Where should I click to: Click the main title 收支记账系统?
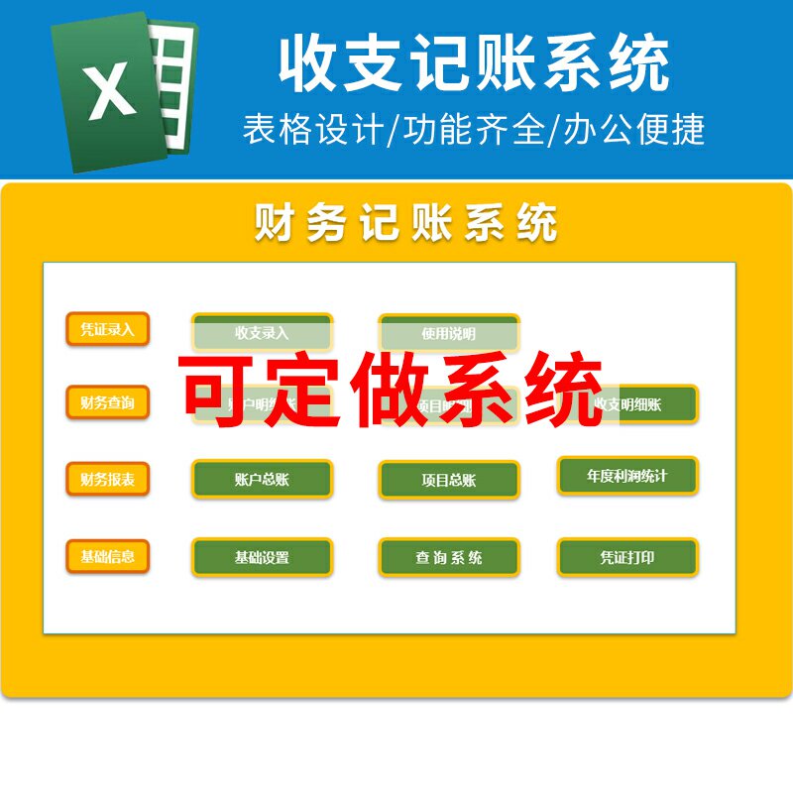click(x=474, y=61)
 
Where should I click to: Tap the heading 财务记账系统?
click(x=406, y=223)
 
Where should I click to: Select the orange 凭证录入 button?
click(x=107, y=329)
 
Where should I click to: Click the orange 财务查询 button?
click(x=107, y=402)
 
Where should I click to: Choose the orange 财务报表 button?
click(x=107, y=480)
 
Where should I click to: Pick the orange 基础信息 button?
click(x=107, y=556)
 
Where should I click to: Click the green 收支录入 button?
click(x=262, y=333)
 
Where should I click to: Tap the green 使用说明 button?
click(x=448, y=333)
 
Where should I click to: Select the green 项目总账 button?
click(x=448, y=481)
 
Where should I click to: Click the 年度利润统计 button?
click(x=626, y=476)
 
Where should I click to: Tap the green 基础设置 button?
click(x=262, y=557)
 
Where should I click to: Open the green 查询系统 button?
click(x=448, y=557)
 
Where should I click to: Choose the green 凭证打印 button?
click(x=626, y=557)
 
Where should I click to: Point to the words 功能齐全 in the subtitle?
click(x=473, y=130)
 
